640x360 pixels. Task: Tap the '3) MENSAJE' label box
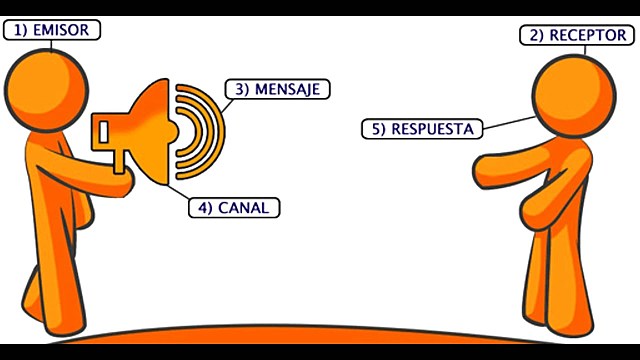[x=277, y=88]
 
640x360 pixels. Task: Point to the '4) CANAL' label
[x=235, y=208]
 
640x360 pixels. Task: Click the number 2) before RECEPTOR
[x=535, y=35]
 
